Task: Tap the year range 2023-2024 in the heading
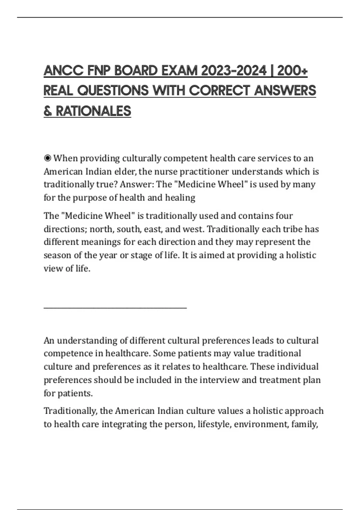[x=234, y=71]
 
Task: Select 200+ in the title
[x=292, y=71]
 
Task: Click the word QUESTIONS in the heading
[x=113, y=91]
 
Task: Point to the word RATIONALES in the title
[x=93, y=111]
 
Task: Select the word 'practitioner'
[x=204, y=172]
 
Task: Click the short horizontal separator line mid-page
[x=115, y=308]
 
